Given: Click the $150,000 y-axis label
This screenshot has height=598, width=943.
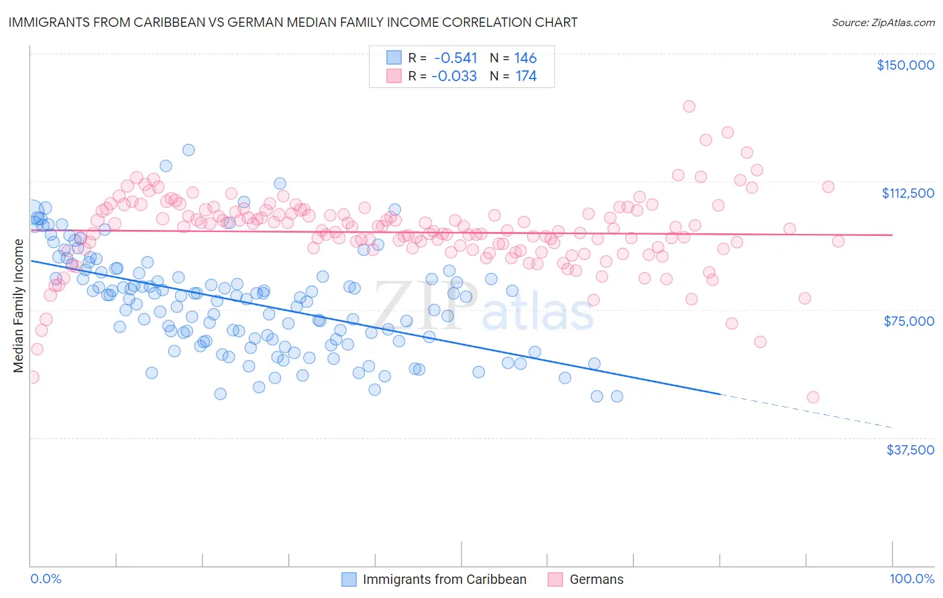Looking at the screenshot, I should point(905,65).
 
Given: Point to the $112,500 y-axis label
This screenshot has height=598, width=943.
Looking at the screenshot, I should point(907,193).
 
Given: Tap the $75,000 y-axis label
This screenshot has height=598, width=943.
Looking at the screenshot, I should point(909,321).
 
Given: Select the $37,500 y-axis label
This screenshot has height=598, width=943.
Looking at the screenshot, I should point(910,450).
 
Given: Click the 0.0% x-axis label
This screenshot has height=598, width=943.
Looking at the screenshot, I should point(46,579).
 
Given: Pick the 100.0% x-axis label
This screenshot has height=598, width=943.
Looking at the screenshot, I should point(911,579).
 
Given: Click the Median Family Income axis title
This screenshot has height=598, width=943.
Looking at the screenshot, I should point(19,306).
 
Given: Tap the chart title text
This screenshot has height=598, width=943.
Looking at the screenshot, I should point(292,22).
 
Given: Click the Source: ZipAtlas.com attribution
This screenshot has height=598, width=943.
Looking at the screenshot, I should point(883,22).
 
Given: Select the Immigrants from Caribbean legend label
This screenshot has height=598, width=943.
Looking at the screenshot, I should point(444,579).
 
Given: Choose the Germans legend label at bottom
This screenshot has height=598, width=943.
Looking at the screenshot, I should point(596,579).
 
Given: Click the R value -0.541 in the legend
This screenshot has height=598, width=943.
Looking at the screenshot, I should point(455,58).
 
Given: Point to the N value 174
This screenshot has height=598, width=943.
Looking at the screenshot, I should point(526,76).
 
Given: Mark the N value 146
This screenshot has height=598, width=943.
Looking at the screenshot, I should point(526,58).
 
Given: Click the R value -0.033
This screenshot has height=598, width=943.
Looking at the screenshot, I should point(454,76).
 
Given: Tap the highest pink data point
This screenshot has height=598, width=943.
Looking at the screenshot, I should point(689,106).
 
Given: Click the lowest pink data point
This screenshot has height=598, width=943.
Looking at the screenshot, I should point(813,397).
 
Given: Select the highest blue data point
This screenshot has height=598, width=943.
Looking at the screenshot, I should point(188,150).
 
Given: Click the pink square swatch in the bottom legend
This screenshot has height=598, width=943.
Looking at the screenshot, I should point(555,579).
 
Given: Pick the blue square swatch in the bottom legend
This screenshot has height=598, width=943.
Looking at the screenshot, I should point(349,579).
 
